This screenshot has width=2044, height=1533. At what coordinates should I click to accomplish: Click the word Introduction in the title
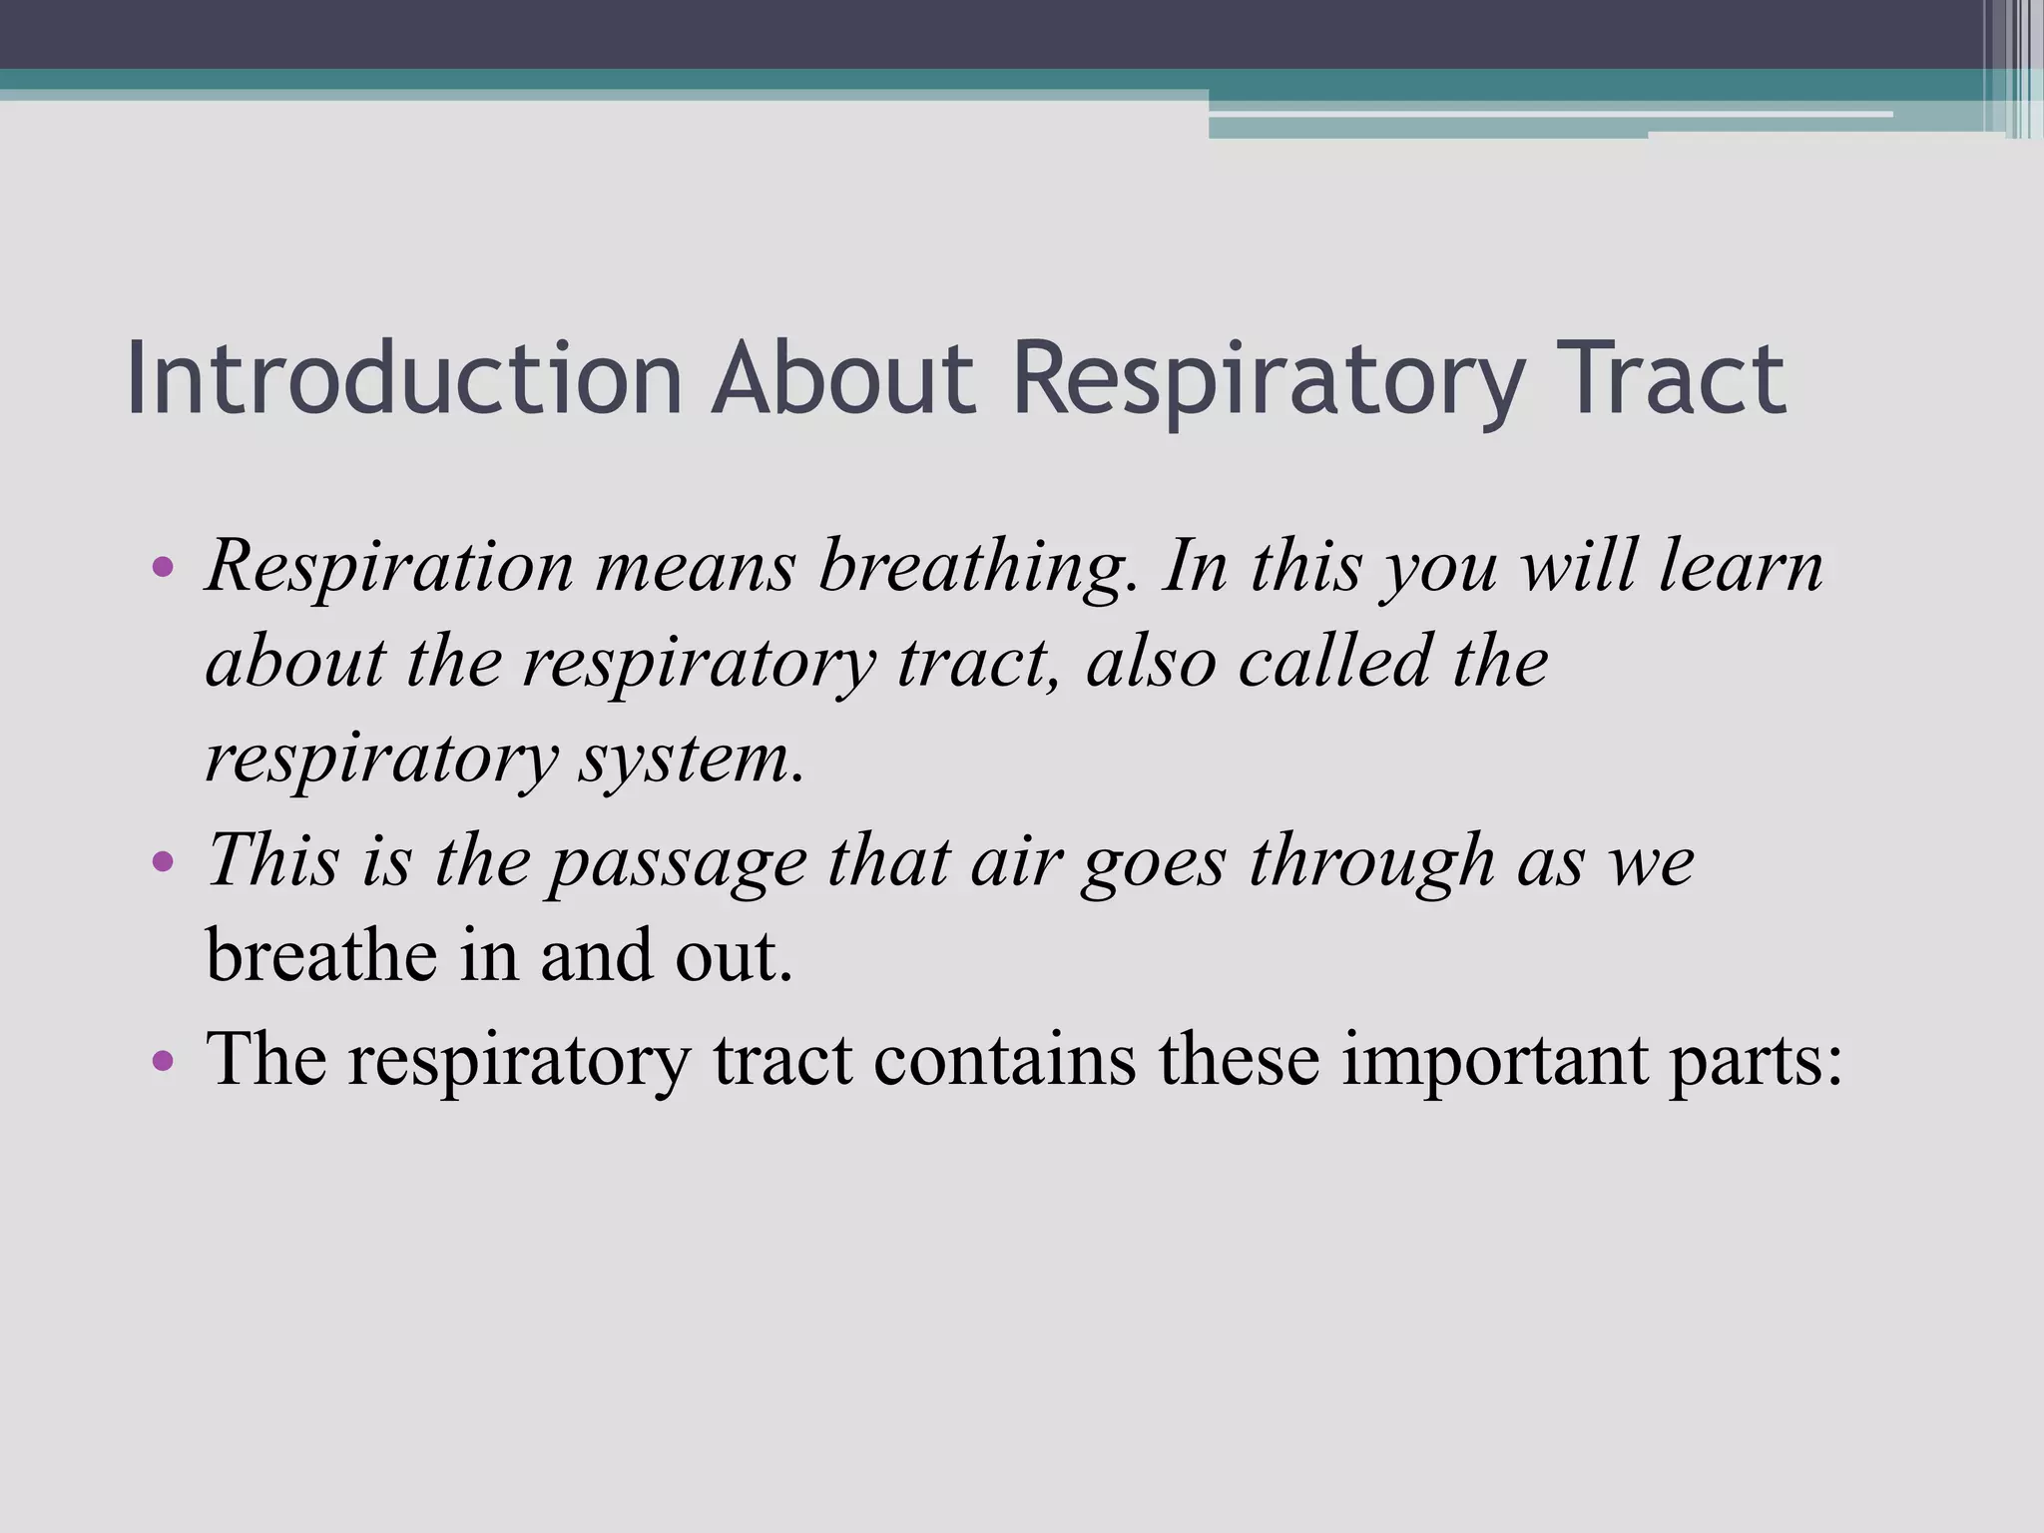click(x=404, y=379)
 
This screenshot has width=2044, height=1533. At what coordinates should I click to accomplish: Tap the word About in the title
click(x=842, y=379)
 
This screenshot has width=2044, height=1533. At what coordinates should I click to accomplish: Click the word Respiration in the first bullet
click(x=389, y=567)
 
